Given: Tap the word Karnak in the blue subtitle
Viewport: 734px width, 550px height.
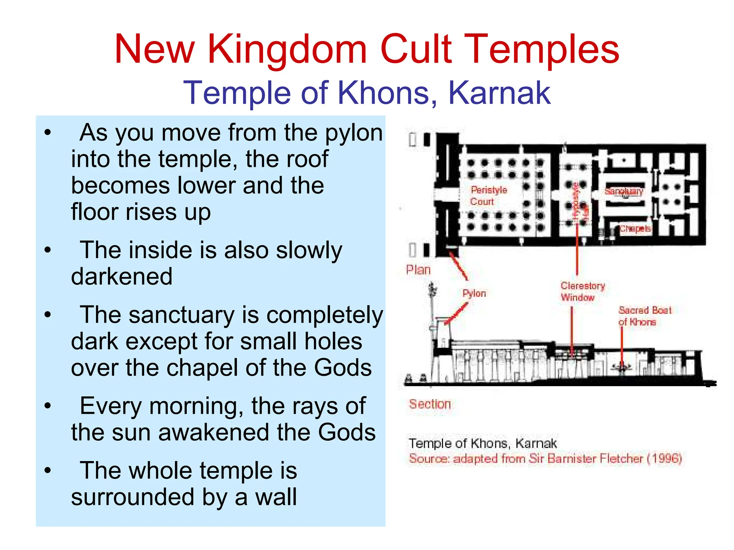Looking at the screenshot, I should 499,93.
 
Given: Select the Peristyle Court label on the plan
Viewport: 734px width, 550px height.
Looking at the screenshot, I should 488,195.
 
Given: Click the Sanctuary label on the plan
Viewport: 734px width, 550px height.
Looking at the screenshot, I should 624,191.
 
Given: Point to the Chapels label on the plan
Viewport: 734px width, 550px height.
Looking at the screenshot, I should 635,229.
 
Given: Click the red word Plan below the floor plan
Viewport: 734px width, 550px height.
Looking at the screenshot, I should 418,270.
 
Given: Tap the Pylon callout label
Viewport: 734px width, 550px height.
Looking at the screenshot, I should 474,293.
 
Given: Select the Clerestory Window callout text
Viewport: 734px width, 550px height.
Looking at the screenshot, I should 582,291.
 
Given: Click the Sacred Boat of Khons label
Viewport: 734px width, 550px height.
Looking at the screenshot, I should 644,316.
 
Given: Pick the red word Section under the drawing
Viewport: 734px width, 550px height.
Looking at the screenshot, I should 430,404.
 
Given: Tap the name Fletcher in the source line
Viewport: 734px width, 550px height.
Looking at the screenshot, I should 621,458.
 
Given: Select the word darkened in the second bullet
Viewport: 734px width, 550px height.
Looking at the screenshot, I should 122,276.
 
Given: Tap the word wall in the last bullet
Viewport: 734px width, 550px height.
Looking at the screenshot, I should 276,497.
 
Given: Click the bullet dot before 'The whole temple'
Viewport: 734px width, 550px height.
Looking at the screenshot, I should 48,470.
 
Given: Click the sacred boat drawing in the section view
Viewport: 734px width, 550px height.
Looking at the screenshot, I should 622,367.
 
